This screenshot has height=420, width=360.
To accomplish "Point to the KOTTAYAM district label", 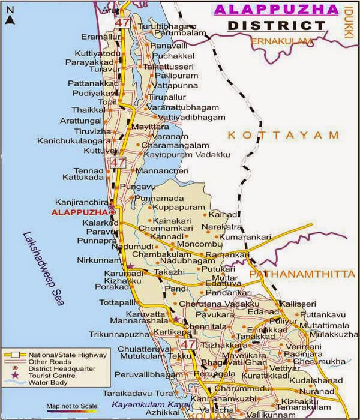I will (283, 136).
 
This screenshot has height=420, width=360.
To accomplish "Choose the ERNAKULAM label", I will (283, 41).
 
